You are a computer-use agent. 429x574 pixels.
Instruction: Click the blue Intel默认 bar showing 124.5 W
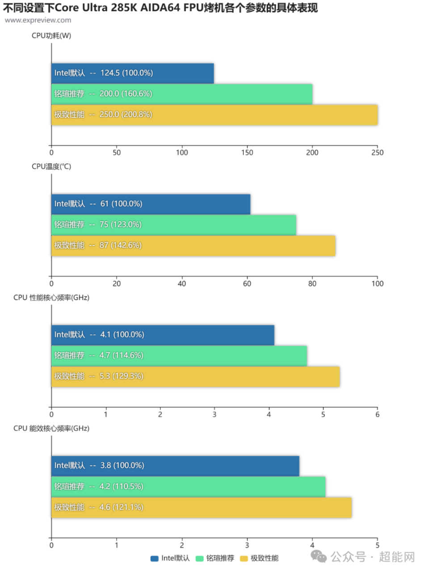pyautogui.click(x=132, y=73)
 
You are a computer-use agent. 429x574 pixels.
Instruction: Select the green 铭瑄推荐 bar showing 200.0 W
pyautogui.click(x=181, y=94)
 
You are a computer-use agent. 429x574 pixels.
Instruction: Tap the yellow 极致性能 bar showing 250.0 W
pyautogui.click(x=214, y=115)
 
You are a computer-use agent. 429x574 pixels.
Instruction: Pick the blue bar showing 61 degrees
pyautogui.click(x=151, y=204)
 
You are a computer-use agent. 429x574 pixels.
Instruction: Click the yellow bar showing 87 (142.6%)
pyautogui.click(x=193, y=246)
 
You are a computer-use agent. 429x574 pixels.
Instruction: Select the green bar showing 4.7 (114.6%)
pyautogui.click(x=179, y=356)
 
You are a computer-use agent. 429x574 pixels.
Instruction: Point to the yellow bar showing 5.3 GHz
pyautogui.click(x=195, y=376)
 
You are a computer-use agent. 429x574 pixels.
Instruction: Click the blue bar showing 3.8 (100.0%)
pyautogui.click(x=175, y=466)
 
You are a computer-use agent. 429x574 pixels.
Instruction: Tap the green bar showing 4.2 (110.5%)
pyautogui.click(x=188, y=486)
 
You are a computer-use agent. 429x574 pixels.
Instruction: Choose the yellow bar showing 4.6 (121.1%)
pyautogui.click(x=201, y=507)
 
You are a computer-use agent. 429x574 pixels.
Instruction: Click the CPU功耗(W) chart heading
pyautogui.click(x=51, y=36)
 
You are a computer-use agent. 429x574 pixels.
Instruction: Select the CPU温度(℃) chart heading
pyautogui.click(x=51, y=167)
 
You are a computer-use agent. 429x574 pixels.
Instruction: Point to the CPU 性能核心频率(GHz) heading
pyautogui.click(x=51, y=298)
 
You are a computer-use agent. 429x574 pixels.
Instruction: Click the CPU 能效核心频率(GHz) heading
pyautogui.click(x=51, y=428)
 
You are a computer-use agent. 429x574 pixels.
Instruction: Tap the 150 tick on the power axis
pyautogui.click(x=247, y=152)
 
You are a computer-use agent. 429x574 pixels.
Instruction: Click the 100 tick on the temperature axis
pyautogui.click(x=377, y=283)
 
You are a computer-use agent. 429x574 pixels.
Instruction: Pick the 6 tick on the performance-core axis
pyautogui.click(x=377, y=414)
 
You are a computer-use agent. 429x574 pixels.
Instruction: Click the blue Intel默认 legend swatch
pyautogui.click(x=155, y=558)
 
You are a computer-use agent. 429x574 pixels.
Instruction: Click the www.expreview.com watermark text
pyautogui.click(x=38, y=20)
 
